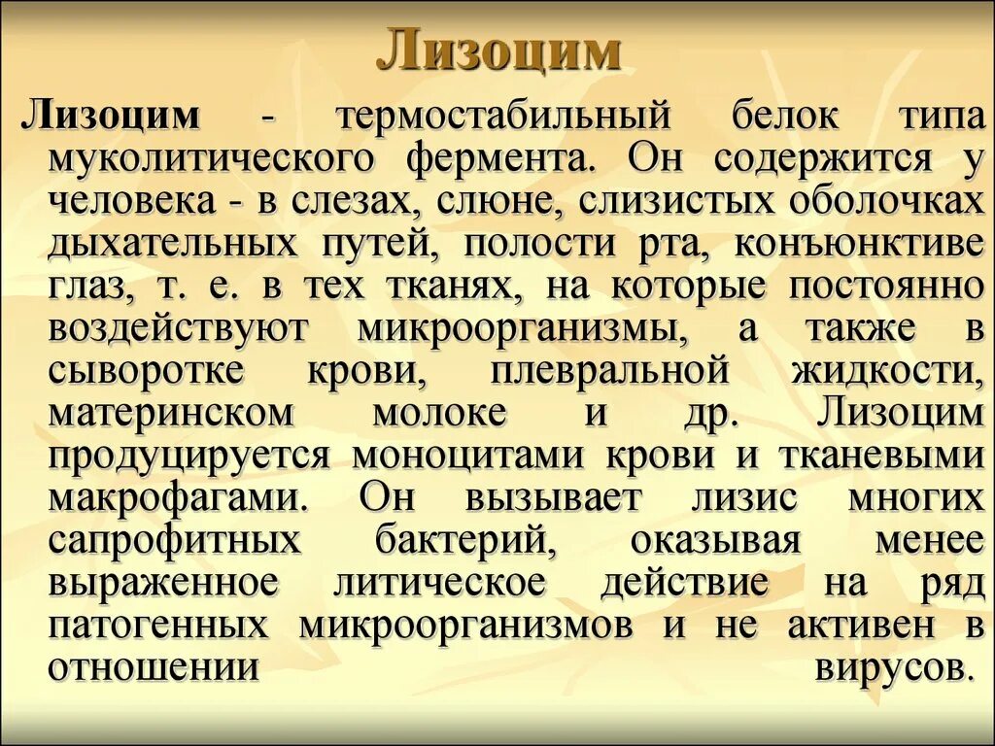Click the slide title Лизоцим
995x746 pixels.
click(497, 51)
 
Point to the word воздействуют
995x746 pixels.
click(178, 327)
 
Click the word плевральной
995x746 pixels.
click(610, 370)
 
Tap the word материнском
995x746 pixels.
click(171, 413)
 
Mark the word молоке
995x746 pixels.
click(440, 413)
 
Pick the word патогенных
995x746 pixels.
click(159, 626)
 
